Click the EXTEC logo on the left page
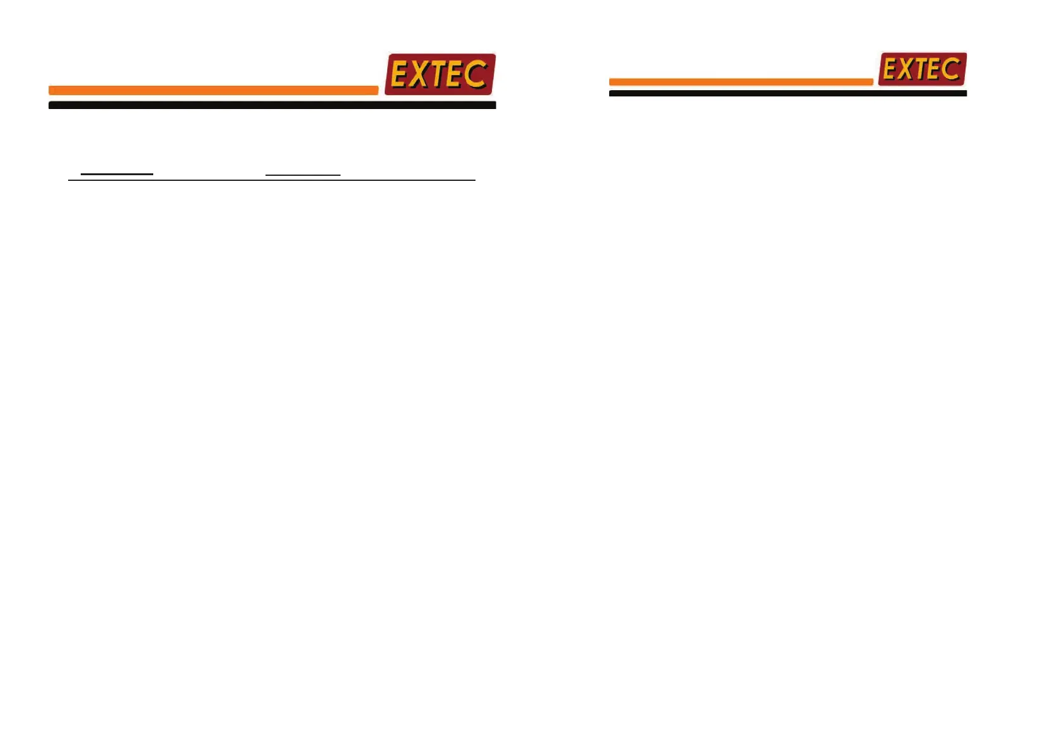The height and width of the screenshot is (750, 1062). (x=440, y=74)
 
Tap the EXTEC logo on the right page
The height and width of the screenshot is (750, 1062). (x=922, y=69)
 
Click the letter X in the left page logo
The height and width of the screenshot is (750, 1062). (x=420, y=75)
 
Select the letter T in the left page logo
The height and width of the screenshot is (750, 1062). (x=439, y=75)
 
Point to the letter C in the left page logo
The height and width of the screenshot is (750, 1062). (x=475, y=74)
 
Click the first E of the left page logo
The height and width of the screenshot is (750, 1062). (x=400, y=75)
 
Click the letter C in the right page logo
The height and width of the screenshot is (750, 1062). (x=950, y=68)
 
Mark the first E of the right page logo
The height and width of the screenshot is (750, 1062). (x=890, y=69)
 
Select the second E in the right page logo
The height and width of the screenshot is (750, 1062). (x=935, y=69)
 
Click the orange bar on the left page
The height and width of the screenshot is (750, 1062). (x=213, y=90)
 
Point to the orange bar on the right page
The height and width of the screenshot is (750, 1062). (x=740, y=82)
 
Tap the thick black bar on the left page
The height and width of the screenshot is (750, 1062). (x=272, y=105)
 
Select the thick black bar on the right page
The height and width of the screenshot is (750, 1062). (x=787, y=93)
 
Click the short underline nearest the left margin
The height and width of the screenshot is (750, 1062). (x=117, y=173)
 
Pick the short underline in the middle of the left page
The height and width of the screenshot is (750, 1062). (x=303, y=174)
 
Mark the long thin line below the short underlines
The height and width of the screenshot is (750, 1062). (x=271, y=180)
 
